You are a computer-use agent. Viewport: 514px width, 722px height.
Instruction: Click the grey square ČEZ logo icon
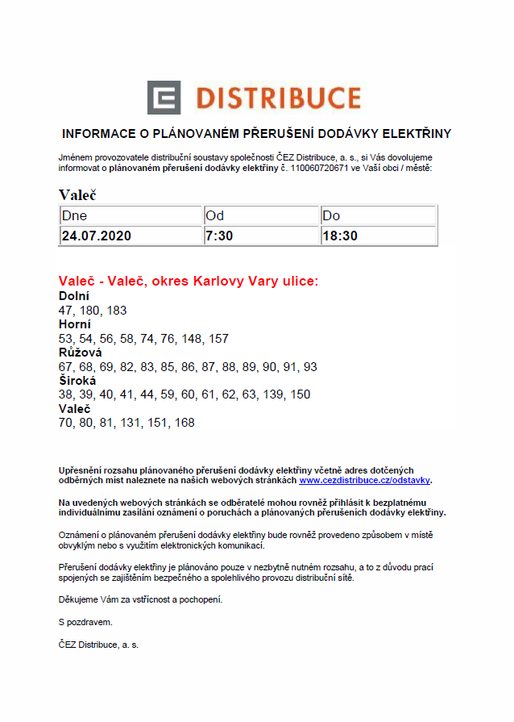pos(164,98)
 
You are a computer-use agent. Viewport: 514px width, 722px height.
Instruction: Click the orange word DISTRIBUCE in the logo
pos(278,98)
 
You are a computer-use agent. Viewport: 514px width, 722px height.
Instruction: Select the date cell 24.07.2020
pos(96,236)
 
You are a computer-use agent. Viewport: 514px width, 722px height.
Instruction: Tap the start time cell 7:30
pos(220,236)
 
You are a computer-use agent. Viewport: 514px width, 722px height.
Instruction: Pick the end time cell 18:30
pos(340,236)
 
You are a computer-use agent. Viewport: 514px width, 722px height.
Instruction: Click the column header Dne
pos(74,215)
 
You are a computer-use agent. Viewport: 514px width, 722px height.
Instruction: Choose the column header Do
pos(331,215)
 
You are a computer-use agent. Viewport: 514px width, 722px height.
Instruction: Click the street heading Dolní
pos(74,296)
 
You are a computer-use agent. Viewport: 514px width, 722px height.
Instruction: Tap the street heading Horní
pos(75,324)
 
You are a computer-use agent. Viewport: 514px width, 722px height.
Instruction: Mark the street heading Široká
pos(77,381)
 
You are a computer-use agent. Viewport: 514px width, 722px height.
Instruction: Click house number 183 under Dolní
pos(117,310)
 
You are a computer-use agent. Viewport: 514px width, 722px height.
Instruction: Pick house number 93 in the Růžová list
pos(310,366)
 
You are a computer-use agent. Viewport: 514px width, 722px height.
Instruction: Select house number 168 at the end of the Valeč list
pos(184,423)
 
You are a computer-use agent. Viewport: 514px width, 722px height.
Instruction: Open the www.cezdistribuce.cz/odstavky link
pos(365,480)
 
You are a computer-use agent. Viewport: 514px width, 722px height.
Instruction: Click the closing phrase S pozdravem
pos(85,622)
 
